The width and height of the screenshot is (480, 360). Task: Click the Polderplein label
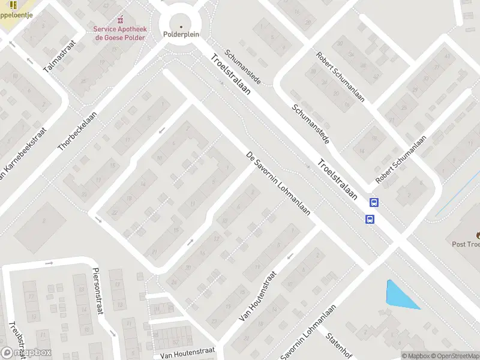coord(181,35)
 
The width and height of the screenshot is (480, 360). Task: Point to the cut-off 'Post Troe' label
coord(466,244)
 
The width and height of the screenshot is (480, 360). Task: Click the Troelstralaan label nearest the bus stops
coord(338,179)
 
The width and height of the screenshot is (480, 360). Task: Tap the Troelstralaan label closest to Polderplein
coord(230,79)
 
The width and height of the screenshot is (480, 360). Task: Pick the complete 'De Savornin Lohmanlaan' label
coord(278,184)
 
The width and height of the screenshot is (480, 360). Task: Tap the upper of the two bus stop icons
coord(374,203)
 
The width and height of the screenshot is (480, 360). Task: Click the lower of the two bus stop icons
coord(370,219)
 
